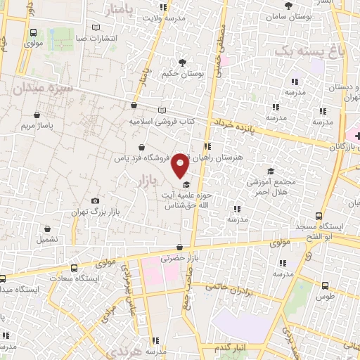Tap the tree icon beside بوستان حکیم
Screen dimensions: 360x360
point(184,63)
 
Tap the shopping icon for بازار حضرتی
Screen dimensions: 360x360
point(180,247)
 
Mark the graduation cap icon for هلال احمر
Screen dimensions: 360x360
point(270,170)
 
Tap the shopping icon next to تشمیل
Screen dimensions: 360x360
point(47,229)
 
